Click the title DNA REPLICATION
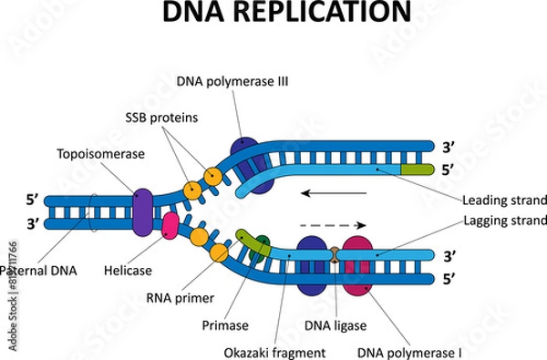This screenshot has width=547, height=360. tap(273, 14)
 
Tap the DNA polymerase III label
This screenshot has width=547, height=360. tap(232, 81)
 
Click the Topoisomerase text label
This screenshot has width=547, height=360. tap(100, 154)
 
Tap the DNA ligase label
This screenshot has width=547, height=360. tap(323, 323)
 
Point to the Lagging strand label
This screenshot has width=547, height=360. tap(504, 221)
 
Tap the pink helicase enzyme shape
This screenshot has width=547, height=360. tap(170, 227)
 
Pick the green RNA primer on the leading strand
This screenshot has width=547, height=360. tap(416, 169)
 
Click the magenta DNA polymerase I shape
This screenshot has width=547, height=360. tap(357, 265)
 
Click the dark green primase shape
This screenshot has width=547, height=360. tap(262, 245)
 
